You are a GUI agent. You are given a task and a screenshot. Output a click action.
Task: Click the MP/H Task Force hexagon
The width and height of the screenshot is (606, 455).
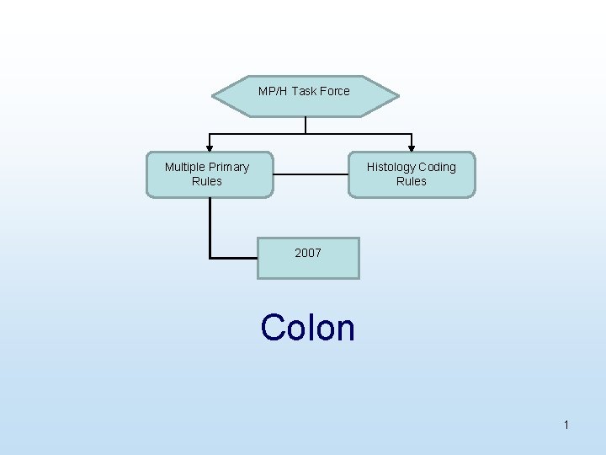pyautogui.click(x=305, y=95)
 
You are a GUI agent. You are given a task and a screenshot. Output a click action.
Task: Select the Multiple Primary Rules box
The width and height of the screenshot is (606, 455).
pyautogui.click(x=210, y=174)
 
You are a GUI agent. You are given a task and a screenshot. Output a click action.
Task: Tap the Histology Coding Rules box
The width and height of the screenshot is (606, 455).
pyautogui.click(x=412, y=174)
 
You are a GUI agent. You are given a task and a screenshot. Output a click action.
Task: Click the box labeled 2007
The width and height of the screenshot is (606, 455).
pyautogui.click(x=308, y=258)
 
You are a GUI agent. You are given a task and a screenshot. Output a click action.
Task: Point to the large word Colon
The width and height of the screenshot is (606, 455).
pyautogui.click(x=308, y=327)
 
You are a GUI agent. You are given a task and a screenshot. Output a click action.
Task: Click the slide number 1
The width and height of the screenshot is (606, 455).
pyautogui.click(x=566, y=426)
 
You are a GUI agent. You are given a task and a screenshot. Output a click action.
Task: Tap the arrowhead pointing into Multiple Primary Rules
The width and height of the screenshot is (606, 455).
pyautogui.click(x=210, y=147)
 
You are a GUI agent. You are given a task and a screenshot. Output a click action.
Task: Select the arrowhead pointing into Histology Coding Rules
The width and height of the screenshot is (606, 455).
pyautogui.click(x=412, y=147)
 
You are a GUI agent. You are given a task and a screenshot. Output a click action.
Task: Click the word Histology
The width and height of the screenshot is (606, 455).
pyautogui.click(x=392, y=167)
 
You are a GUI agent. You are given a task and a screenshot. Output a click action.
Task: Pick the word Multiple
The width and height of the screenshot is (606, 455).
pyautogui.click(x=184, y=167)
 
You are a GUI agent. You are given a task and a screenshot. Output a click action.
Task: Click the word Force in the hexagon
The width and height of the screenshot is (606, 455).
pyautogui.click(x=334, y=91)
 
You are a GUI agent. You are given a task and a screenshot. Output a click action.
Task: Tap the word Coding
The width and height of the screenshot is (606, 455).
pyautogui.click(x=437, y=167)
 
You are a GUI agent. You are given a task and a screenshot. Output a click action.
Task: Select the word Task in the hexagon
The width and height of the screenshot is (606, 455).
pyautogui.click(x=302, y=91)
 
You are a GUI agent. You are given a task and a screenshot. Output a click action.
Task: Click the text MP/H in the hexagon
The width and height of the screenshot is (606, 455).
pyautogui.click(x=273, y=91)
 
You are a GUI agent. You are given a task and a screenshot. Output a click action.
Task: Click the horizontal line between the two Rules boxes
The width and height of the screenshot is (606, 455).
pyautogui.click(x=311, y=174)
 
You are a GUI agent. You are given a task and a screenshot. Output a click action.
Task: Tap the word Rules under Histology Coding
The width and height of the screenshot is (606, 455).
pyautogui.click(x=412, y=181)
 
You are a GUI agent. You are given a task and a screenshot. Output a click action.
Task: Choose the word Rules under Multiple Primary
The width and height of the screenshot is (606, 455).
pyautogui.click(x=207, y=181)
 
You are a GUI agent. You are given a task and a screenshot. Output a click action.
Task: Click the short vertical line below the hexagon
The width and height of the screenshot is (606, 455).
pyautogui.click(x=306, y=125)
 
